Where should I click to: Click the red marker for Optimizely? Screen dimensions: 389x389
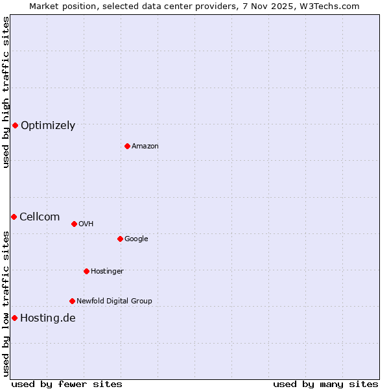(15, 125)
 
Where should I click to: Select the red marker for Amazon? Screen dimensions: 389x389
(127, 146)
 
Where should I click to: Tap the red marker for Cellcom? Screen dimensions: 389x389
(14, 217)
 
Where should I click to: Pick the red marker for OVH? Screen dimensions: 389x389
(74, 224)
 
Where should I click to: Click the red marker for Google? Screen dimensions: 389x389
(120, 239)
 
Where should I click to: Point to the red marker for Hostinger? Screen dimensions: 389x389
(86, 271)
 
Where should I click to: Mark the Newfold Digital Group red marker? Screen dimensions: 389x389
(72, 301)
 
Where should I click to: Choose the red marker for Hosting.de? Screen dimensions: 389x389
(14, 318)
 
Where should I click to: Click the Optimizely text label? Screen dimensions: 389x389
(48, 126)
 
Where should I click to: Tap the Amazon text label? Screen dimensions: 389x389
(145, 147)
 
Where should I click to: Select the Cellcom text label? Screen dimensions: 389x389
(40, 217)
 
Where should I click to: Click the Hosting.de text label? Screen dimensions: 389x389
(48, 318)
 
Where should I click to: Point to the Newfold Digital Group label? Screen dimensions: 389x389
(114, 301)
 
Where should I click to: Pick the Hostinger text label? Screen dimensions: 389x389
(107, 272)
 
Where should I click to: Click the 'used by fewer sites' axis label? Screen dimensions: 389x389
(67, 384)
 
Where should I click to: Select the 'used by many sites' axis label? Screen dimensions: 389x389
(325, 384)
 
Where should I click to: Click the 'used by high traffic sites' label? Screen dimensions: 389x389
(6, 92)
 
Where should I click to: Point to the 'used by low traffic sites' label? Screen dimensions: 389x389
(6, 303)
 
